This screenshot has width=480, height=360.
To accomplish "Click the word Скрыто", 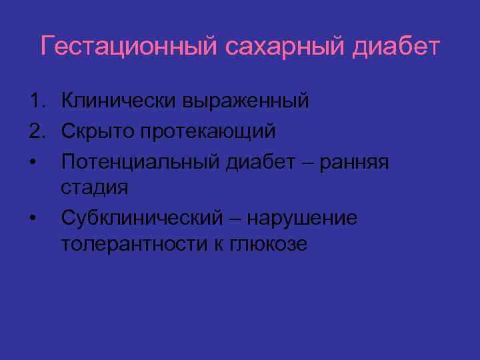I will tap(97, 131).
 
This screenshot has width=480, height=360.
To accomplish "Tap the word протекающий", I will tap(207, 131).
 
